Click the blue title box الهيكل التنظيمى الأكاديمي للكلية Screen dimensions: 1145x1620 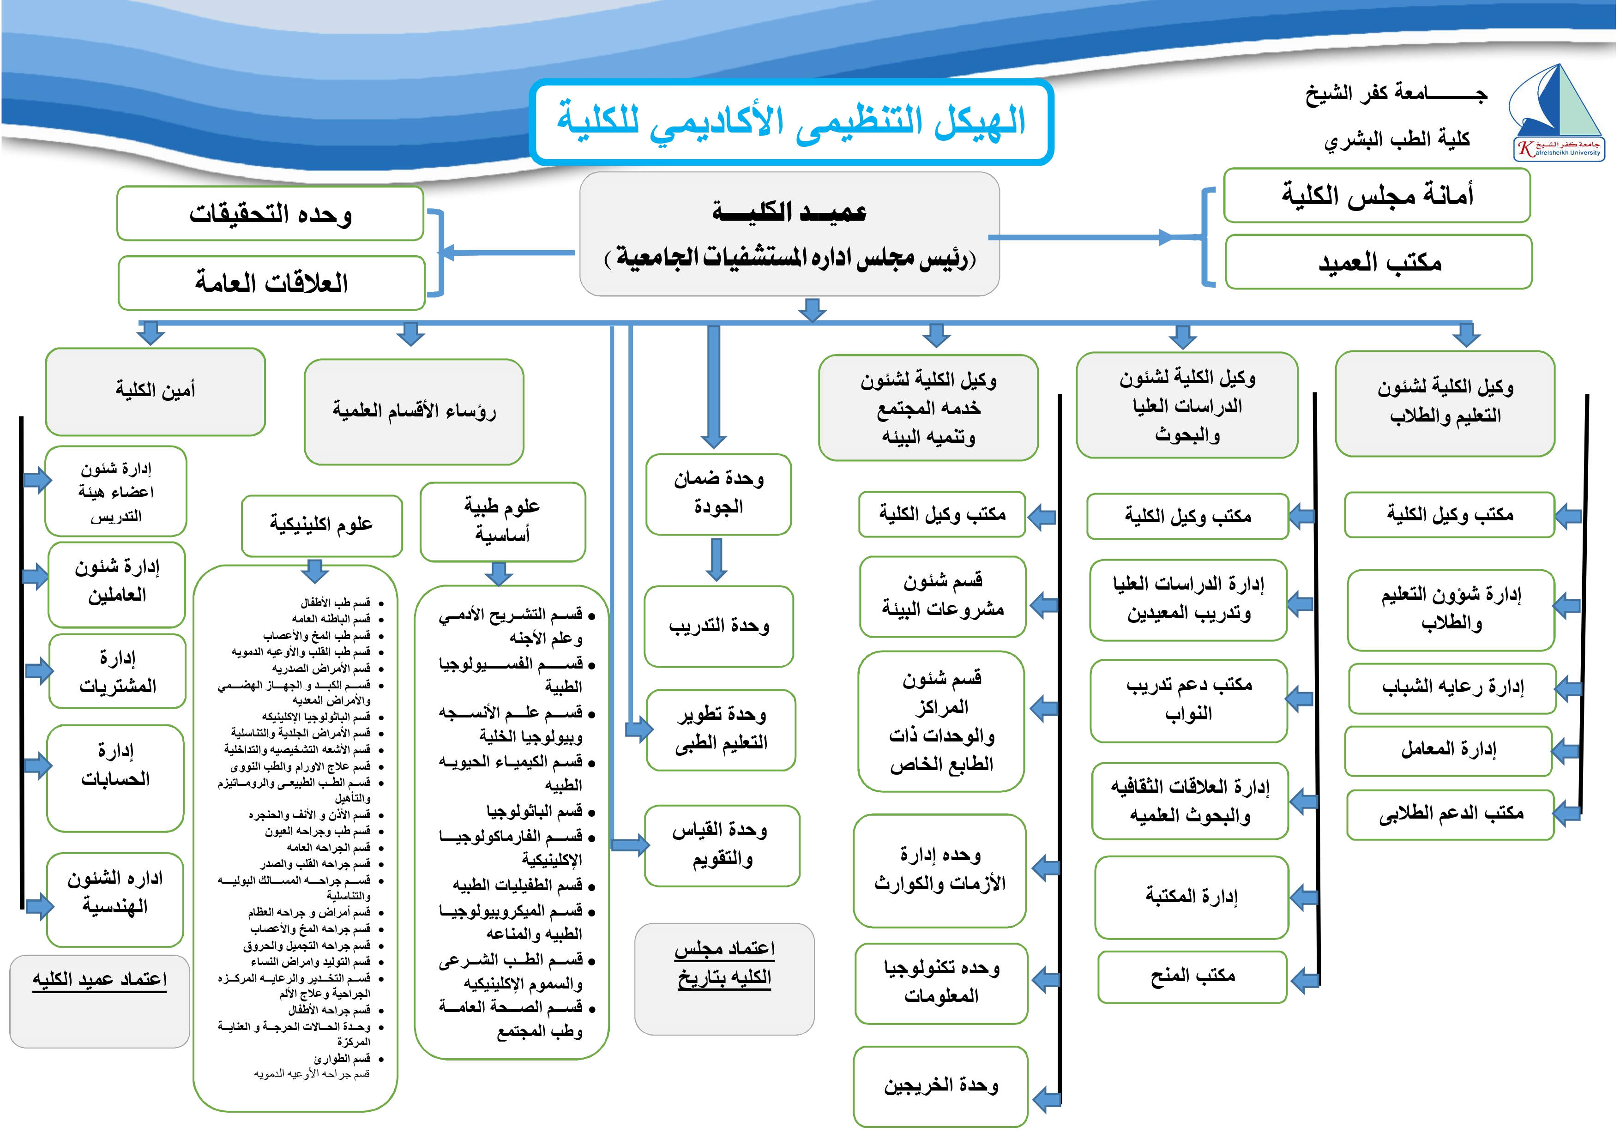(792, 122)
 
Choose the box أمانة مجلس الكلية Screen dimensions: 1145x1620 (1377, 195)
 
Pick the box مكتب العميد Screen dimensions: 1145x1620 (1379, 262)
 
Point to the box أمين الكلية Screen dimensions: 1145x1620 (155, 391)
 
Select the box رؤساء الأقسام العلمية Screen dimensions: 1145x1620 (414, 411)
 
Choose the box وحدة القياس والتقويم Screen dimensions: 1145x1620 (721, 845)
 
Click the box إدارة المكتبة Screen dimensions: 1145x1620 (1191, 897)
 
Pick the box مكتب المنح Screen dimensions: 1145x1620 (1192, 976)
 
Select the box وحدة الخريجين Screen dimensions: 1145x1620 (940, 1086)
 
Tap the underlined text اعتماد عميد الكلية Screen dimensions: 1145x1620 (99, 981)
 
